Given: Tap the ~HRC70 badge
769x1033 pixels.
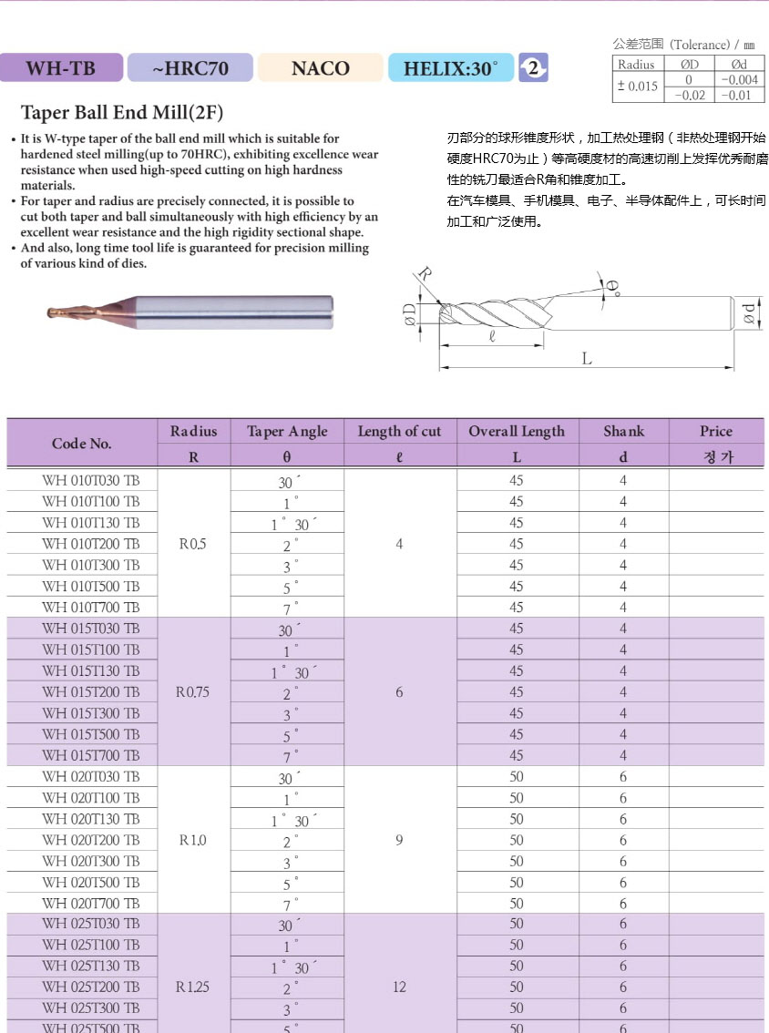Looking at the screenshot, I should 190,68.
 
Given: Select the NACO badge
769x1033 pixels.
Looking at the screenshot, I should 320,68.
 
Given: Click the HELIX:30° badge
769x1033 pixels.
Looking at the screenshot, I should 451,68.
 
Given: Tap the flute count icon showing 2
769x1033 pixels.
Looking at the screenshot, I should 533,67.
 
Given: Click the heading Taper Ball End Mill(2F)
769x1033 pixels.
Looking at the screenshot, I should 121,113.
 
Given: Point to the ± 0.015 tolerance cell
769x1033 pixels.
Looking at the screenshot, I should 637,87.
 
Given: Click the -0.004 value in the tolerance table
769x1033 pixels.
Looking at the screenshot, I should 739,80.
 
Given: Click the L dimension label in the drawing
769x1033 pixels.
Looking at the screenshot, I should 587,359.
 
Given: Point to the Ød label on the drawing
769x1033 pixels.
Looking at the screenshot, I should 749,312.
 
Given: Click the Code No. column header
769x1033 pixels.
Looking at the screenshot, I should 82,444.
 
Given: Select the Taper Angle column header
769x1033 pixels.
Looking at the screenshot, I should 287,432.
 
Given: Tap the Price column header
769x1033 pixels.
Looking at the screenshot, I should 716,432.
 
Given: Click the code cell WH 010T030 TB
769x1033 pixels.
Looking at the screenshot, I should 91,480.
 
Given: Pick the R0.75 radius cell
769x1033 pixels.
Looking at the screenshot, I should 193,692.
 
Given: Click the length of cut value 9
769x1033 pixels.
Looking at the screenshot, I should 399,840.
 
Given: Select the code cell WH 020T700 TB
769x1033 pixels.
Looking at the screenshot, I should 91,903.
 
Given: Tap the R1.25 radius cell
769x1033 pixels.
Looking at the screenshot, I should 193,987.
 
